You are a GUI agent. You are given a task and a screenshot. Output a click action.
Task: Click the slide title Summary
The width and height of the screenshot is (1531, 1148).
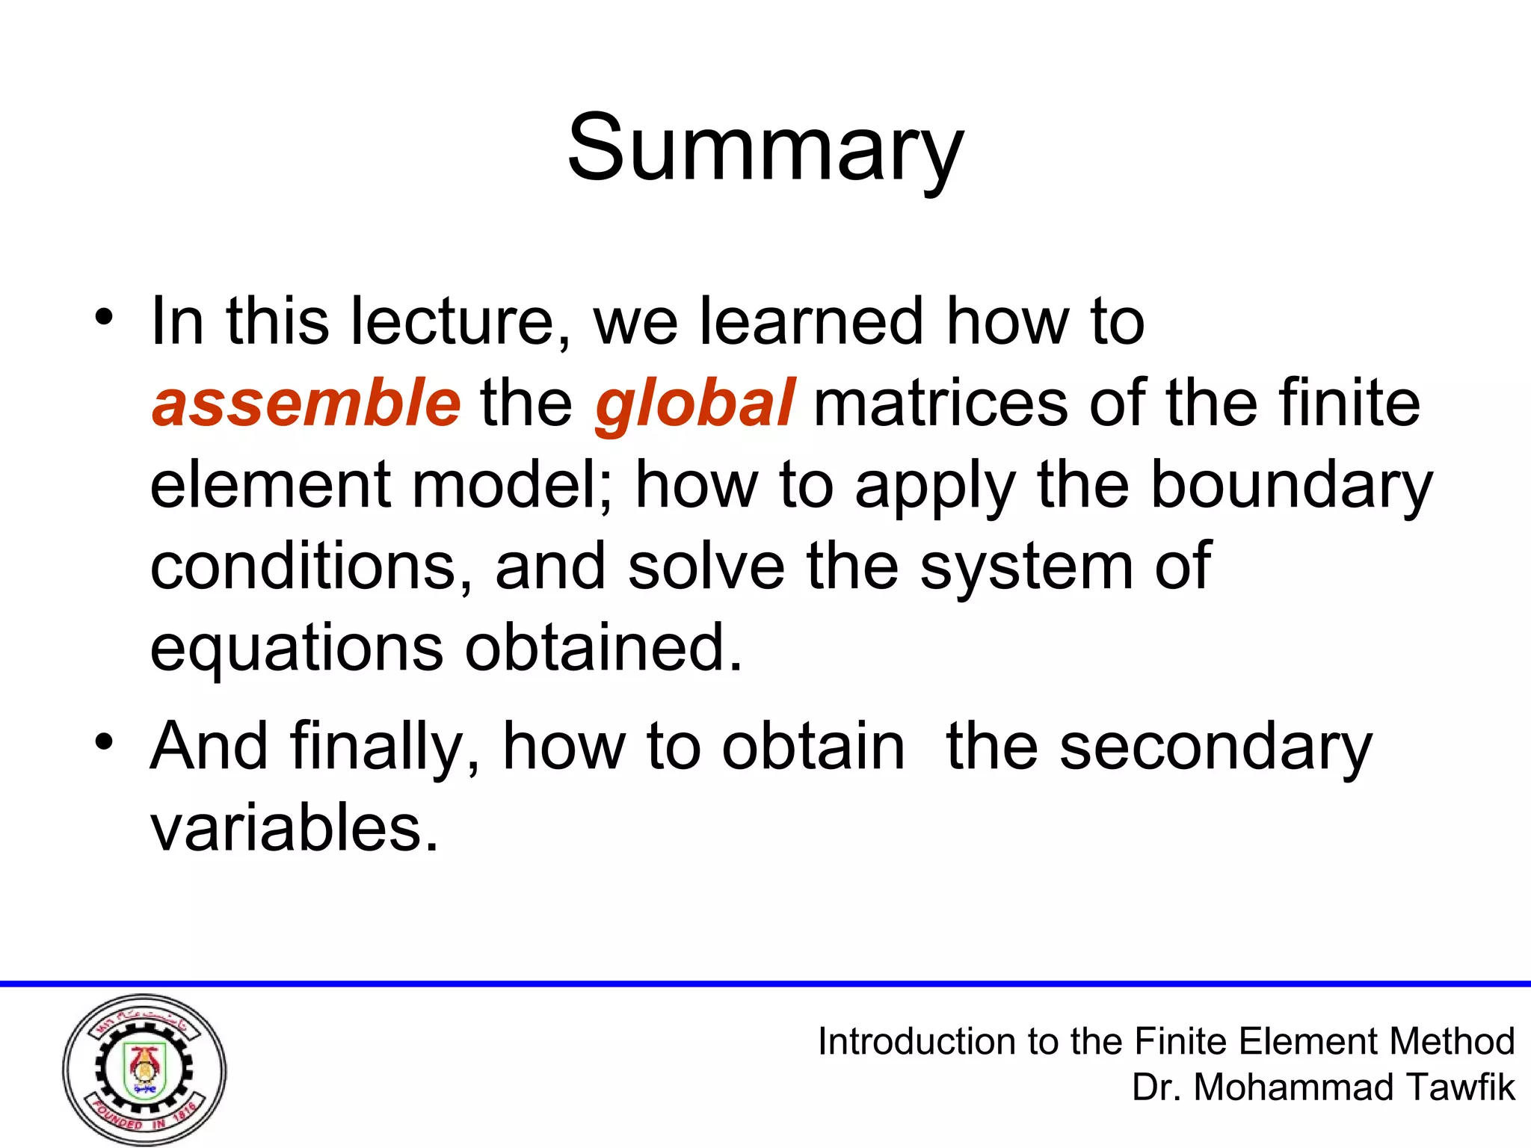point(765,148)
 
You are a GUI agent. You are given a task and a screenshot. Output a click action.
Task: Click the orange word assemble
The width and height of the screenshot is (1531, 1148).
point(306,403)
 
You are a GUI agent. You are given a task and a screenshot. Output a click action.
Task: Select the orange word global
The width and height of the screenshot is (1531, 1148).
point(694,404)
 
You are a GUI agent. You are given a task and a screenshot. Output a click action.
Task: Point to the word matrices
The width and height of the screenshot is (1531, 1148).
point(940,403)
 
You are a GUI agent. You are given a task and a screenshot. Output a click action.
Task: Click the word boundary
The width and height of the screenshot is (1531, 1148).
point(1291,486)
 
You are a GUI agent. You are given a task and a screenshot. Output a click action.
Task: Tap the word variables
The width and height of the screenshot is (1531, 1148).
point(294,828)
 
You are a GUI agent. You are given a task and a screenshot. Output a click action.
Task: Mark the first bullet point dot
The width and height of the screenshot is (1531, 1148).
point(104,317)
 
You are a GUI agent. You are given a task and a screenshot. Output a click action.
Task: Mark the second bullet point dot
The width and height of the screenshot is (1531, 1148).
point(104,742)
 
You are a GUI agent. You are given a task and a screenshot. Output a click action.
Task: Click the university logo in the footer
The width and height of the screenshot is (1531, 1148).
point(144,1070)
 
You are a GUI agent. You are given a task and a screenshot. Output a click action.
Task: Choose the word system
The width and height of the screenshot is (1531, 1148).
point(1026,567)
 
